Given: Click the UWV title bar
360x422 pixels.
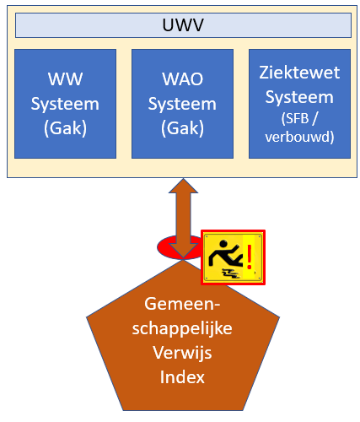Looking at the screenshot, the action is click(x=183, y=25).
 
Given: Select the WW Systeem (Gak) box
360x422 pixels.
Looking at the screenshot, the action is click(x=65, y=104).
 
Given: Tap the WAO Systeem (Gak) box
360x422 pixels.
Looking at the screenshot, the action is click(x=182, y=104).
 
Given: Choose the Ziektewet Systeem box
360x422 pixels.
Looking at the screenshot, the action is click(x=299, y=104).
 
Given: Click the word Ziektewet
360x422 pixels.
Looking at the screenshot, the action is click(x=299, y=73).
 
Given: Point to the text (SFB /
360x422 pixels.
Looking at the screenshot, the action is click(x=299, y=118).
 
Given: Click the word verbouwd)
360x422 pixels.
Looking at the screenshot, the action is click(x=299, y=137).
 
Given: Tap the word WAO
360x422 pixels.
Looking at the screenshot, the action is click(x=183, y=79).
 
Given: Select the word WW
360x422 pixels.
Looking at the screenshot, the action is click(x=65, y=79).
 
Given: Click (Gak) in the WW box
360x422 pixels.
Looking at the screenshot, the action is click(x=65, y=128).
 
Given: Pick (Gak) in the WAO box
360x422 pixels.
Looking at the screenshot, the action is click(x=182, y=128).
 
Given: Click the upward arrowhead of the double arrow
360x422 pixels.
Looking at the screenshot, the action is click(x=183, y=186).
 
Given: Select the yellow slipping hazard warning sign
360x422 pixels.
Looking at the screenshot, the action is click(x=233, y=257).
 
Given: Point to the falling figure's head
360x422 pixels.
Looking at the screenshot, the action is click(x=223, y=244).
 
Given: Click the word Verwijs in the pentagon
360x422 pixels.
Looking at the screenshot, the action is click(x=182, y=353).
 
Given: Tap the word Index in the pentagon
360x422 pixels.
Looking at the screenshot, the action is click(x=182, y=377).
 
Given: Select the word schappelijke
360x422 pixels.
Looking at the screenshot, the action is click(x=182, y=328).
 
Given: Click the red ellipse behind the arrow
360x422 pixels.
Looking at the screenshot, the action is click(x=166, y=247).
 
